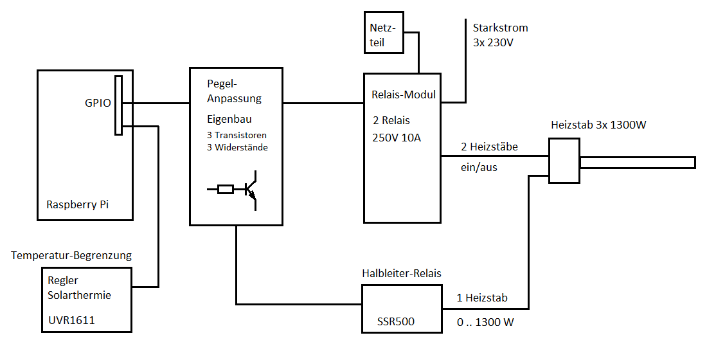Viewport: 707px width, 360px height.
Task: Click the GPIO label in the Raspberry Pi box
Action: [x=98, y=103]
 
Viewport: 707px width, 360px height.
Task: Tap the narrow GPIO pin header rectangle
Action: [x=118, y=105]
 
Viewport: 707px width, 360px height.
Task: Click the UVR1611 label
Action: [x=71, y=320]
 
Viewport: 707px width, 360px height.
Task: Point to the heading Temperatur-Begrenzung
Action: [x=71, y=255]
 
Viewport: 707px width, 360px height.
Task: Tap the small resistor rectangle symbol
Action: [x=226, y=190]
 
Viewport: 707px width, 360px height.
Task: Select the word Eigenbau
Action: [x=229, y=120]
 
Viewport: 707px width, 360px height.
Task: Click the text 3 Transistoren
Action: [x=237, y=136]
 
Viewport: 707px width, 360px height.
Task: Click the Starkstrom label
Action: [x=500, y=28]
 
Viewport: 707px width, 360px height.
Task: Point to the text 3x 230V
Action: [x=494, y=43]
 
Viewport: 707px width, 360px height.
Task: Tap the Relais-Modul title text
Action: [x=404, y=94]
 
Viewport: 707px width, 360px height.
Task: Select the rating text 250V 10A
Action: [x=397, y=137]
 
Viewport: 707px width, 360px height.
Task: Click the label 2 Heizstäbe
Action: [x=489, y=147]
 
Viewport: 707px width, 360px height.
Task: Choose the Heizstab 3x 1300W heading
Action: [x=598, y=125]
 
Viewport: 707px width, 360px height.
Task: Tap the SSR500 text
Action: [x=396, y=321]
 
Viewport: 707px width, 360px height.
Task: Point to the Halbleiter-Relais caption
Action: [x=402, y=273]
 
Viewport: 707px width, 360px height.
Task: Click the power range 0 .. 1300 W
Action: [x=485, y=322]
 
